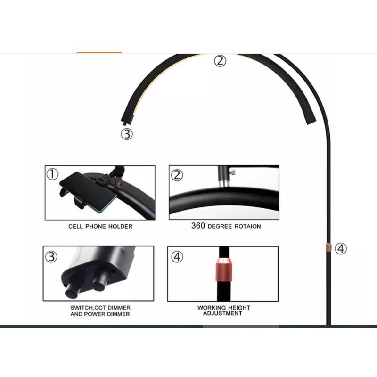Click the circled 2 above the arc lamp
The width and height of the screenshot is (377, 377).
221,61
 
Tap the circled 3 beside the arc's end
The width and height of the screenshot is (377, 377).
127,134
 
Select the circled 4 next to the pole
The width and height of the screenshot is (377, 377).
341,248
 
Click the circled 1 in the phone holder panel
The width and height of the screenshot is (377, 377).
52,174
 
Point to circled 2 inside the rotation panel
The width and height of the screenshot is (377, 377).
177,175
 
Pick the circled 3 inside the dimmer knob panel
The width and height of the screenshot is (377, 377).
51,257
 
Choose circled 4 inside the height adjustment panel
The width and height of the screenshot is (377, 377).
177,257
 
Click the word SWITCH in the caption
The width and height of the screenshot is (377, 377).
81,308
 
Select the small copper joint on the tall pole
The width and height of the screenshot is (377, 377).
328,247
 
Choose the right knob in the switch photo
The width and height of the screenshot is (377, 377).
99,284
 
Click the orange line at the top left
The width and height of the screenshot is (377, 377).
99,53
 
